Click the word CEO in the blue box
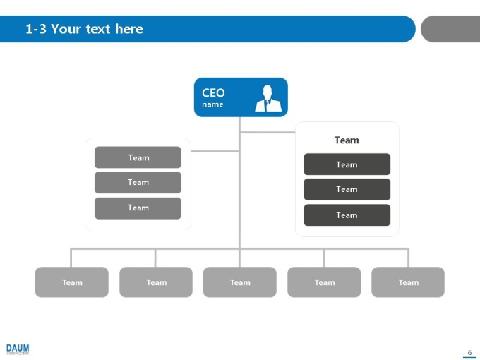click(213, 92)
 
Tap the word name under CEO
click(212, 104)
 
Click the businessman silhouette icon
click(268, 98)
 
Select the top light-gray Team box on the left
click(138, 157)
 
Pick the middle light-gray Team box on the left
click(138, 182)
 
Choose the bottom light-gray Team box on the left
click(138, 208)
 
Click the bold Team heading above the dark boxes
click(347, 140)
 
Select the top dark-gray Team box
click(347, 164)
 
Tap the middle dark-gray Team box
click(347, 189)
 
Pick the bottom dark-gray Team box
click(347, 215)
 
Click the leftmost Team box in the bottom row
click(71, 282)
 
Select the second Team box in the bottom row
click(156, 282)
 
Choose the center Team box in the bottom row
click(240, 282)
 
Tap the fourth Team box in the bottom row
click(324, 282)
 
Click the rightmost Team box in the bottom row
click(408, 282)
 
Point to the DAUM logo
click(18, 349)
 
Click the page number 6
click(469, 353)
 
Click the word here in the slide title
click(129, 29)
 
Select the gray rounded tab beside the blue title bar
click(450, 29)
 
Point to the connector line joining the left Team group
click(215, 151)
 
